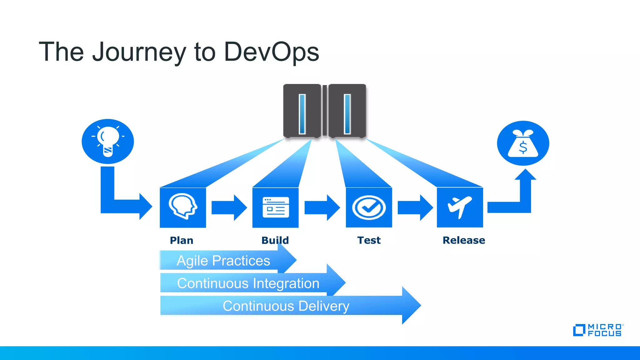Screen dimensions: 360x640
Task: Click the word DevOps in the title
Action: point(271,52)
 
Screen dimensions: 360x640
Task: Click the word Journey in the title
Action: point(139,52)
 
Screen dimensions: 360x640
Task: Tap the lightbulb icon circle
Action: point(108,141)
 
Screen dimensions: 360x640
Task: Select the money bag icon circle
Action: point(523,143)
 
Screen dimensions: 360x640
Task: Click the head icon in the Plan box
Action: point(183,207)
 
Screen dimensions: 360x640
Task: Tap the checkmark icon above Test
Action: point(369,207)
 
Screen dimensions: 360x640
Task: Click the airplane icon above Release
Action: point(459,207)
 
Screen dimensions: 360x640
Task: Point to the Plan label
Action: point(182,240)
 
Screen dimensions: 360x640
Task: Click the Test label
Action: point(369,240)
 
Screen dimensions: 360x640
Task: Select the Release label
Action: point(464,240)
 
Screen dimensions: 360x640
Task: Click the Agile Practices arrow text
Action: point(223,261)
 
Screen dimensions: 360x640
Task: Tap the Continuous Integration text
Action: point(248,283)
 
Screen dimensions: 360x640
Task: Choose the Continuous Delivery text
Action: point(286,306)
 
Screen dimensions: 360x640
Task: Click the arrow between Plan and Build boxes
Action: point(229,207)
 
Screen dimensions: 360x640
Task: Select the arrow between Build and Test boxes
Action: point(322,207)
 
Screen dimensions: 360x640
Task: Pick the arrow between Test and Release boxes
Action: point(415,207)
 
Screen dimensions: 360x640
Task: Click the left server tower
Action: point(302,111)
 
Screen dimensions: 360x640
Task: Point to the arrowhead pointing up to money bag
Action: point(525,175)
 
